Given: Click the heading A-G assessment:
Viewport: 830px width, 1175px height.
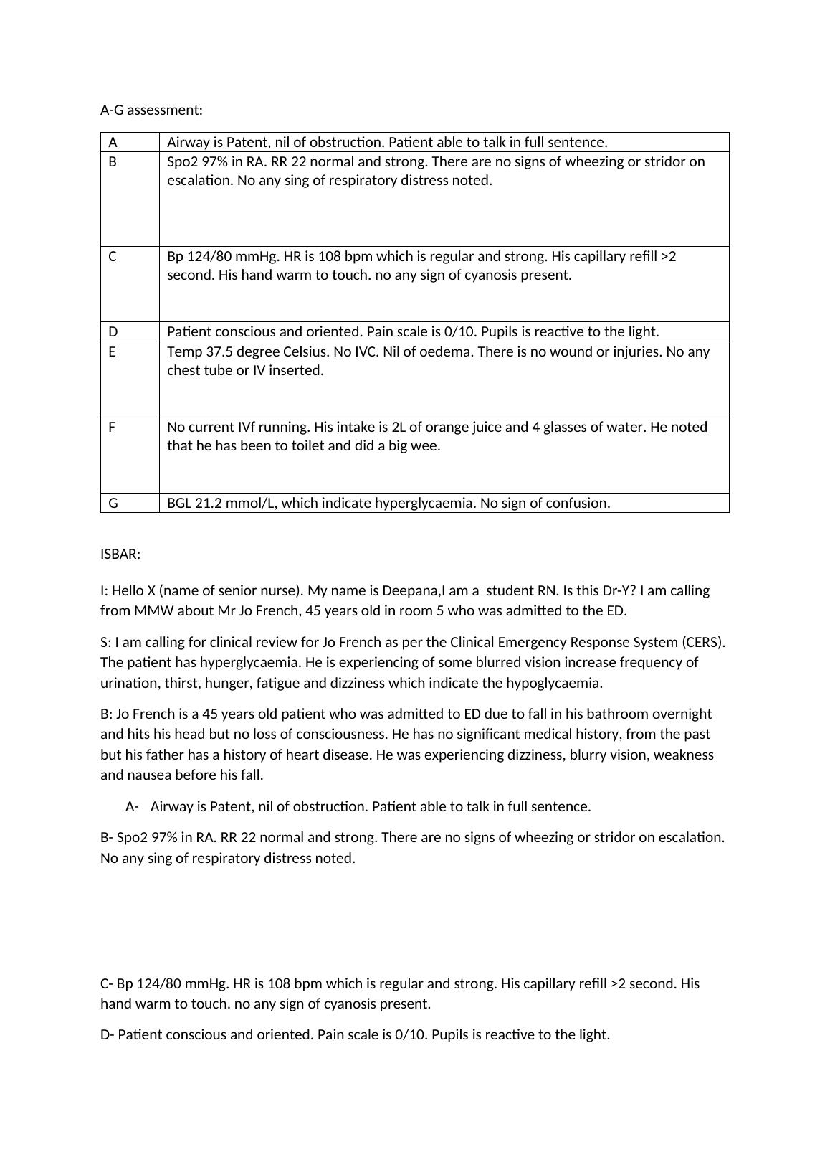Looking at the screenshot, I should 151,110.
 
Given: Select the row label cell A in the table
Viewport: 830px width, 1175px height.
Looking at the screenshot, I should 113,142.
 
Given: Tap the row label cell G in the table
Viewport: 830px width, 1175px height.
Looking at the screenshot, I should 113,503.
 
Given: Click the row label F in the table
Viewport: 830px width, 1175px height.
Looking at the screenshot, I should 112,427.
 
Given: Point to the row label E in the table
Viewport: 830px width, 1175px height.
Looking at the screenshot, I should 112,351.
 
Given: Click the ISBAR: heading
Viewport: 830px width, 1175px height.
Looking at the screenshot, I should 120,554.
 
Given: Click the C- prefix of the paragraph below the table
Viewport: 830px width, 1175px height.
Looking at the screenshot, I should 107,983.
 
